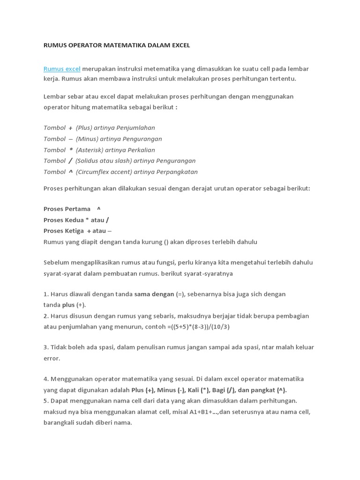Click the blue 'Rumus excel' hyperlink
point(62,69)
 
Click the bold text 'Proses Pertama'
point(67,209)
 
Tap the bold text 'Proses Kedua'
point(63,220)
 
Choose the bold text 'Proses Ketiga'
point(64,231)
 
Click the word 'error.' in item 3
point(52,359)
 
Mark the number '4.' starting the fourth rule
point(46,379)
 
